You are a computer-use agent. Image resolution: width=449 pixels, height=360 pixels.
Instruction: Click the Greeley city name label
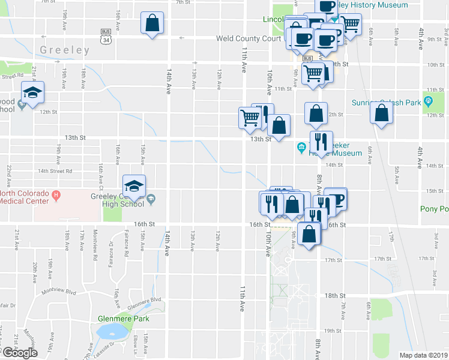point(64,50)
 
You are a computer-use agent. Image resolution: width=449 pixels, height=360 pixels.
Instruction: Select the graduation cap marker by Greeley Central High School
point(134,185)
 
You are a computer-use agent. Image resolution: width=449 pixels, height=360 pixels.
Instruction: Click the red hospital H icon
point(56,194)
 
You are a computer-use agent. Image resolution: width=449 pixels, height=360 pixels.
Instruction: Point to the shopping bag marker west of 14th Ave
point(152,24)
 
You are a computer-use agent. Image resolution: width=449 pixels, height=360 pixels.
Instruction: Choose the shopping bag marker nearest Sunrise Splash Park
point(381,113)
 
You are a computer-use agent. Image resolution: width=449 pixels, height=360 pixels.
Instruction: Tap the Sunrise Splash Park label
point(386,103)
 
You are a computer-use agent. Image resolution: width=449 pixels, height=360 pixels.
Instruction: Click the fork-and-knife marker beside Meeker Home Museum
point(321,142)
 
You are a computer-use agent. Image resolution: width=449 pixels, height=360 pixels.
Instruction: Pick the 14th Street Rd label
point(55,171)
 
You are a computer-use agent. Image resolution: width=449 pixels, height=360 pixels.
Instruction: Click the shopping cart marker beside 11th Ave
point(250,118)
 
